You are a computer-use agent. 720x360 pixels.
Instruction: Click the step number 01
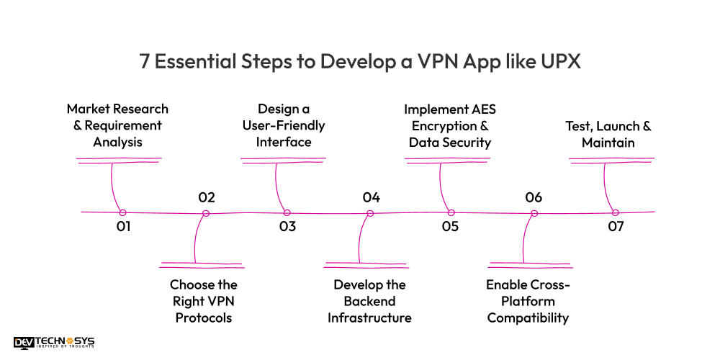[x=123, y=227]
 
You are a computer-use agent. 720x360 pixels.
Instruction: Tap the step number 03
[x=287, y=227]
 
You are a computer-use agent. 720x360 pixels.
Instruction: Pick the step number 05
[x=450, y=227]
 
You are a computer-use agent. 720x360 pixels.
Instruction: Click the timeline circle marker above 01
[x=122, y=212]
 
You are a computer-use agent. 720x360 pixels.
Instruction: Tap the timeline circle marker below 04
[x=370, y=213]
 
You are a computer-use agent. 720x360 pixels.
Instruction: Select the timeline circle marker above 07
[x=615, y=212]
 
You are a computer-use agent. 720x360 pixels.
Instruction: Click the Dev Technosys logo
[x=54, y=343]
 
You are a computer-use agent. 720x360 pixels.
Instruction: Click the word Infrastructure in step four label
[x=369, y=318]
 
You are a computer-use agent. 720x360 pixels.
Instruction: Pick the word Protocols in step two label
[x=204, y=318]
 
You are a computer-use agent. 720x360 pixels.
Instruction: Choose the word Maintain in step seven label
[x=608, y=143]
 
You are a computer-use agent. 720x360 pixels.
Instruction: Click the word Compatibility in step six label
[x=528, y=318]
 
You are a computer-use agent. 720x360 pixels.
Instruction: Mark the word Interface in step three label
[x=284, y=142]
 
